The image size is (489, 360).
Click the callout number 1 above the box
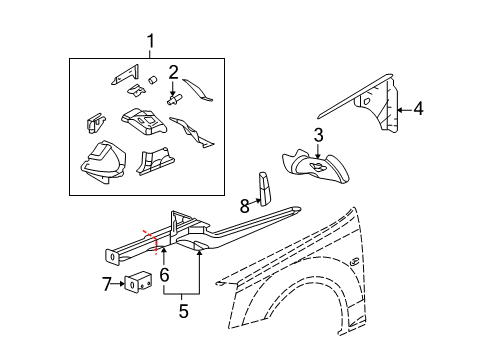coord(151,43)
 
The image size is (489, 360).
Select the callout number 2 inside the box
coord(173,71)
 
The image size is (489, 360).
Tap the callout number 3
coord(318,134)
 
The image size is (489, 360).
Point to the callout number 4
coord(418,110)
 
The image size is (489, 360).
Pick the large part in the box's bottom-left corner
coord(100,162)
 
